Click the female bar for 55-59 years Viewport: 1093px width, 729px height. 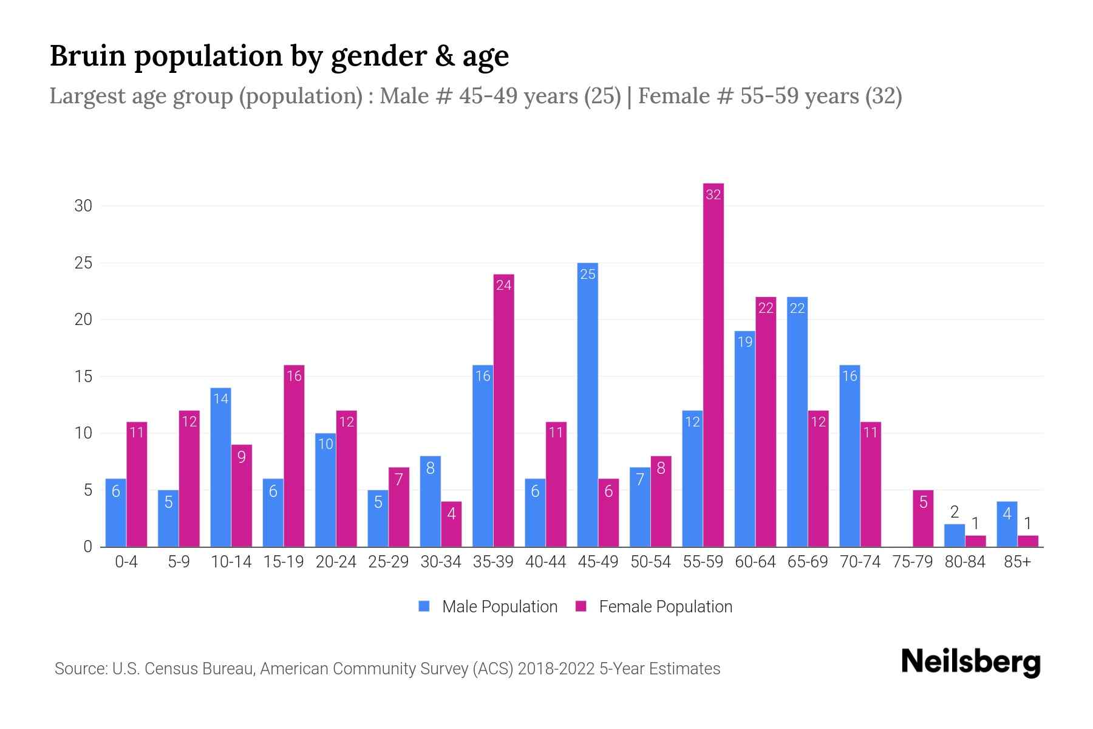[713, 364]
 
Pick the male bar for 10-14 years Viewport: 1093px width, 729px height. [220, 467]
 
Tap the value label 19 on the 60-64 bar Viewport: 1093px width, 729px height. [745, 342]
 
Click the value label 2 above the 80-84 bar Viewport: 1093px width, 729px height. [954, 513]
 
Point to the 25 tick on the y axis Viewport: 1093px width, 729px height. [83, 263]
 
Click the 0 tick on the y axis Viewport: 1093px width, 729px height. [87, 547]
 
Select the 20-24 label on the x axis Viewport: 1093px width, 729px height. [336, 562]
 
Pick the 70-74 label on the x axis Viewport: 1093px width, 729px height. [860, 562]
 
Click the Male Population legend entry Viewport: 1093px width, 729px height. [488, 606]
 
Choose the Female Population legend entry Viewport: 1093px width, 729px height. [654, 606]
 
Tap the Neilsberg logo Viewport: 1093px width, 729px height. [970, 662]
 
